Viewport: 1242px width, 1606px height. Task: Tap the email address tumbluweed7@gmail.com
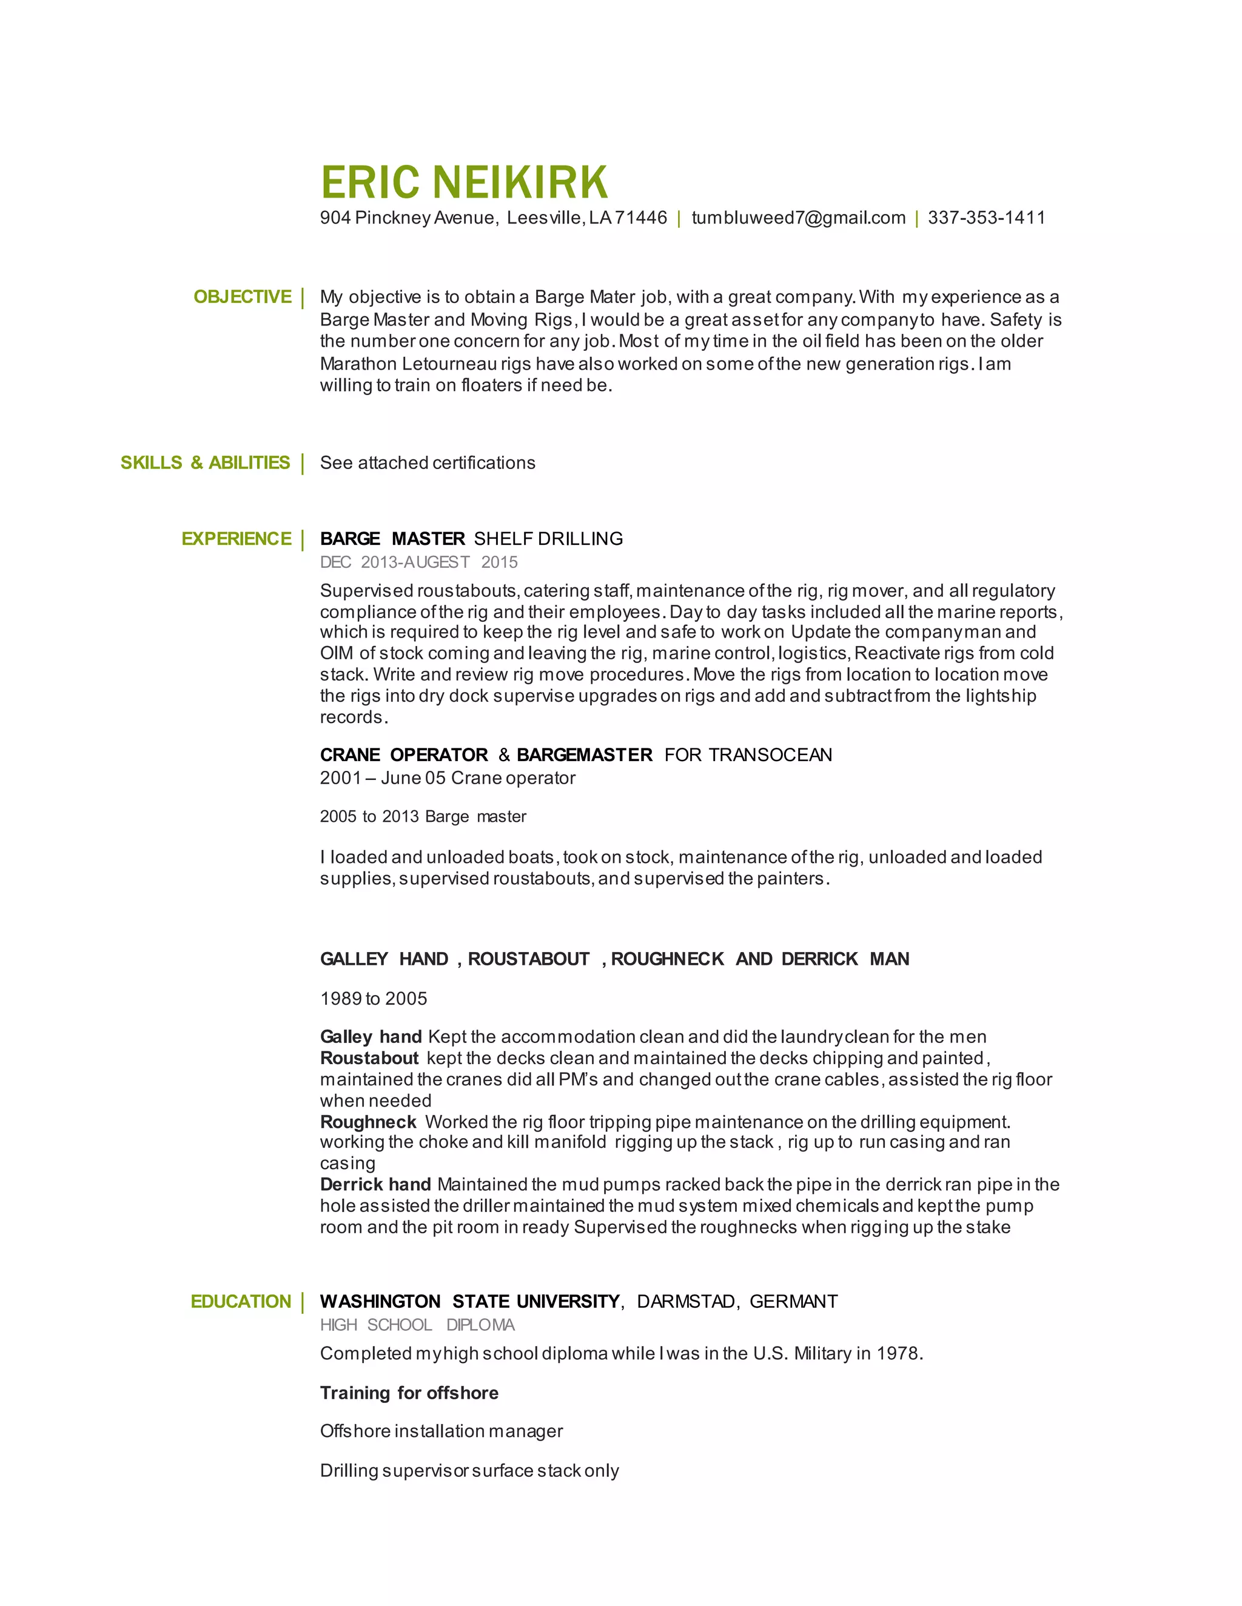coord(798,218)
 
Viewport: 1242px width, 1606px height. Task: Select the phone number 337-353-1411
coord(986,218)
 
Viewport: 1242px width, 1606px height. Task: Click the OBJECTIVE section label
coord(242,297)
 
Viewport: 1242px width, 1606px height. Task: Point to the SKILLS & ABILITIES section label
coord(206,462)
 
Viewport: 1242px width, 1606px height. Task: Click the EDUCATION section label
coord(241,1302)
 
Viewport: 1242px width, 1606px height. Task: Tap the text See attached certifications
coord(428,462)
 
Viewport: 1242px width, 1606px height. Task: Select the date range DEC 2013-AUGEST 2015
coord(418,562)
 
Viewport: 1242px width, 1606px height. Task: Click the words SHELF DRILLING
coord(548,539)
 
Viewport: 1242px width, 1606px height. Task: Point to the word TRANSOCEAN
coord(770,755)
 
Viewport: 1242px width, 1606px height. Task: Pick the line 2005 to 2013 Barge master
coord(423,816)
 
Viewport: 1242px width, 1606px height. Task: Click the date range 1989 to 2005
coord(374,999)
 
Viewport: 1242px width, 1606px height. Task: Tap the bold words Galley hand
coord(371,1037)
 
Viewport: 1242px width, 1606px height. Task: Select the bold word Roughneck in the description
coord(369,1122)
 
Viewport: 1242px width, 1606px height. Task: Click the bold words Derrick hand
coord(375,1185)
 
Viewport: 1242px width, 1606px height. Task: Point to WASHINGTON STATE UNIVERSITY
coord(469,1302)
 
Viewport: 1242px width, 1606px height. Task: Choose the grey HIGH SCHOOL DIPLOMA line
coord(417,1324)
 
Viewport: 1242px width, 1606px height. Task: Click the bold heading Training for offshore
coord(409,1393)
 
